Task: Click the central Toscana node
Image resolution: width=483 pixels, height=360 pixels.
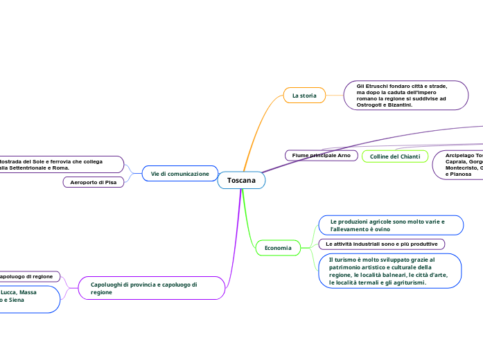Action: [x=241, y=181]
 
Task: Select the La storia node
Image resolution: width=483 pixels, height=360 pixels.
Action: [x=304, y=96]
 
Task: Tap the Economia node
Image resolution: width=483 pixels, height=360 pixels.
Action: [x=278, y=247]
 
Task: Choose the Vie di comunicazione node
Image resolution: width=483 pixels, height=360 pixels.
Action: [x=179, y=174]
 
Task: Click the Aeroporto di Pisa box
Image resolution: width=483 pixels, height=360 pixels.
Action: [x=94, y=182]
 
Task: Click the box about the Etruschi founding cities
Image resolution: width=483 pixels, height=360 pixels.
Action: [x=406, y=96]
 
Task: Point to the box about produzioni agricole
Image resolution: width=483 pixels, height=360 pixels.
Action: [x=391, y=225]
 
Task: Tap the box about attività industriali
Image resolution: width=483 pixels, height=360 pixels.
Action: [x=381, y=244]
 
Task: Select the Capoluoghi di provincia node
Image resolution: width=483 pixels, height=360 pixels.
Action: [x=152, y=288]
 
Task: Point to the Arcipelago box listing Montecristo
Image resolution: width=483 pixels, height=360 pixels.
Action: [x=458, y=165]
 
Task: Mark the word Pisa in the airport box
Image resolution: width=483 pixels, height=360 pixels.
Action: [x=111, y=182]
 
